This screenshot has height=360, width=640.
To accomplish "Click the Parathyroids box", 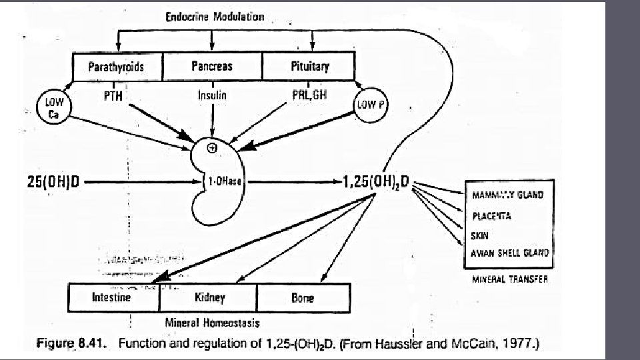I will pos(116,67).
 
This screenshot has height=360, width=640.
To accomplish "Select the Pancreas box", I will pos(212,67).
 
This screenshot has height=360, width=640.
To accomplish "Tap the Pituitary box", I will pos(310,67).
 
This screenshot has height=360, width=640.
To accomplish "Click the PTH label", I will pos(113,95).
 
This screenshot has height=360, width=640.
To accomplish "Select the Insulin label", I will pos(212,95).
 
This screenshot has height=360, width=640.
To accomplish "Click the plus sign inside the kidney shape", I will pos(213,148).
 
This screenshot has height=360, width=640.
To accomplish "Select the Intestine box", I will pos(111,297).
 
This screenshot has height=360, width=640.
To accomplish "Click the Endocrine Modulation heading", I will pos(215,17).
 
